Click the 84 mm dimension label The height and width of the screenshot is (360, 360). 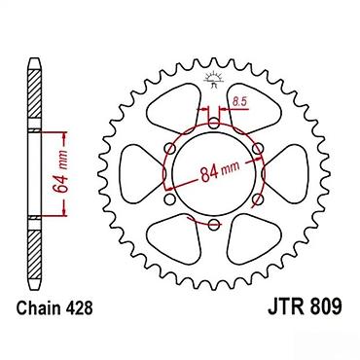pyautogui.click(x=220, y=171)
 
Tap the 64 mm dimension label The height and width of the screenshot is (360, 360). pyautogui.click(x=61, y=171)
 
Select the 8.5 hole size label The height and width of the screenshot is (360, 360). pyautogui.click(x=239, y=102)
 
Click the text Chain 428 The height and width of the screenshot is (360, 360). pyautogui.click(x=54, y=307)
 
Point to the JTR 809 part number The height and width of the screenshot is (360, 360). pyautogui.click(x=305, y=306)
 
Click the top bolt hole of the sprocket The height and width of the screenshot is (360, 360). pyautogui.click(x=213, y=124)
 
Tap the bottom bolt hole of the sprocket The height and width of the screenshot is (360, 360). pyautogui.click(x=213, y=224)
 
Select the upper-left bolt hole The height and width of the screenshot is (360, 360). pyautogui.click(x=170, y=149)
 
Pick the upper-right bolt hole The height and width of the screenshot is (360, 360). pyautogui.click(x=257, y=149)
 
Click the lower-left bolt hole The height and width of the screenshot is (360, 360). pyautogui.click(x=169, y=198)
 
